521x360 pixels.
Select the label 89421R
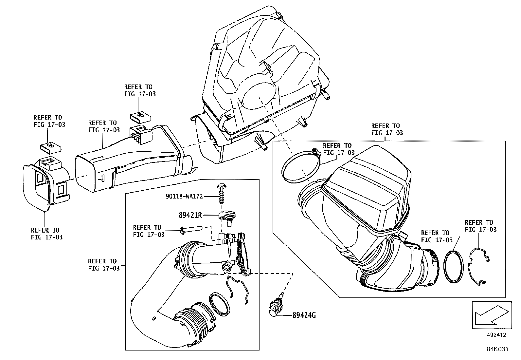[x=190, y=215]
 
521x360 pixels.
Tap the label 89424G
[x=304, y=315]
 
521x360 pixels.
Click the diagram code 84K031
[x=497, y=349]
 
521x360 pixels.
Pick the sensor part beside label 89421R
[x=227, y=217]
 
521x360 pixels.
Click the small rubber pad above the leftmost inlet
[x=50, y=147]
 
